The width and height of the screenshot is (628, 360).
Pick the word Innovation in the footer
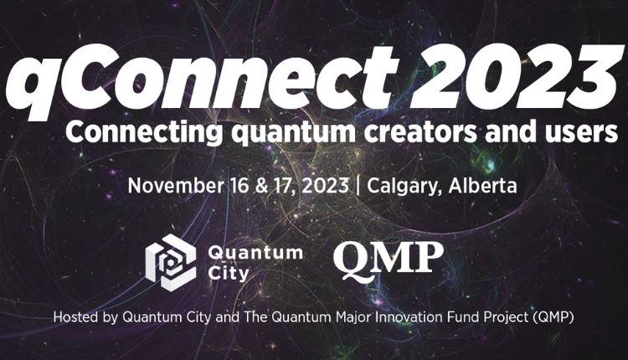[x=388, y=318]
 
